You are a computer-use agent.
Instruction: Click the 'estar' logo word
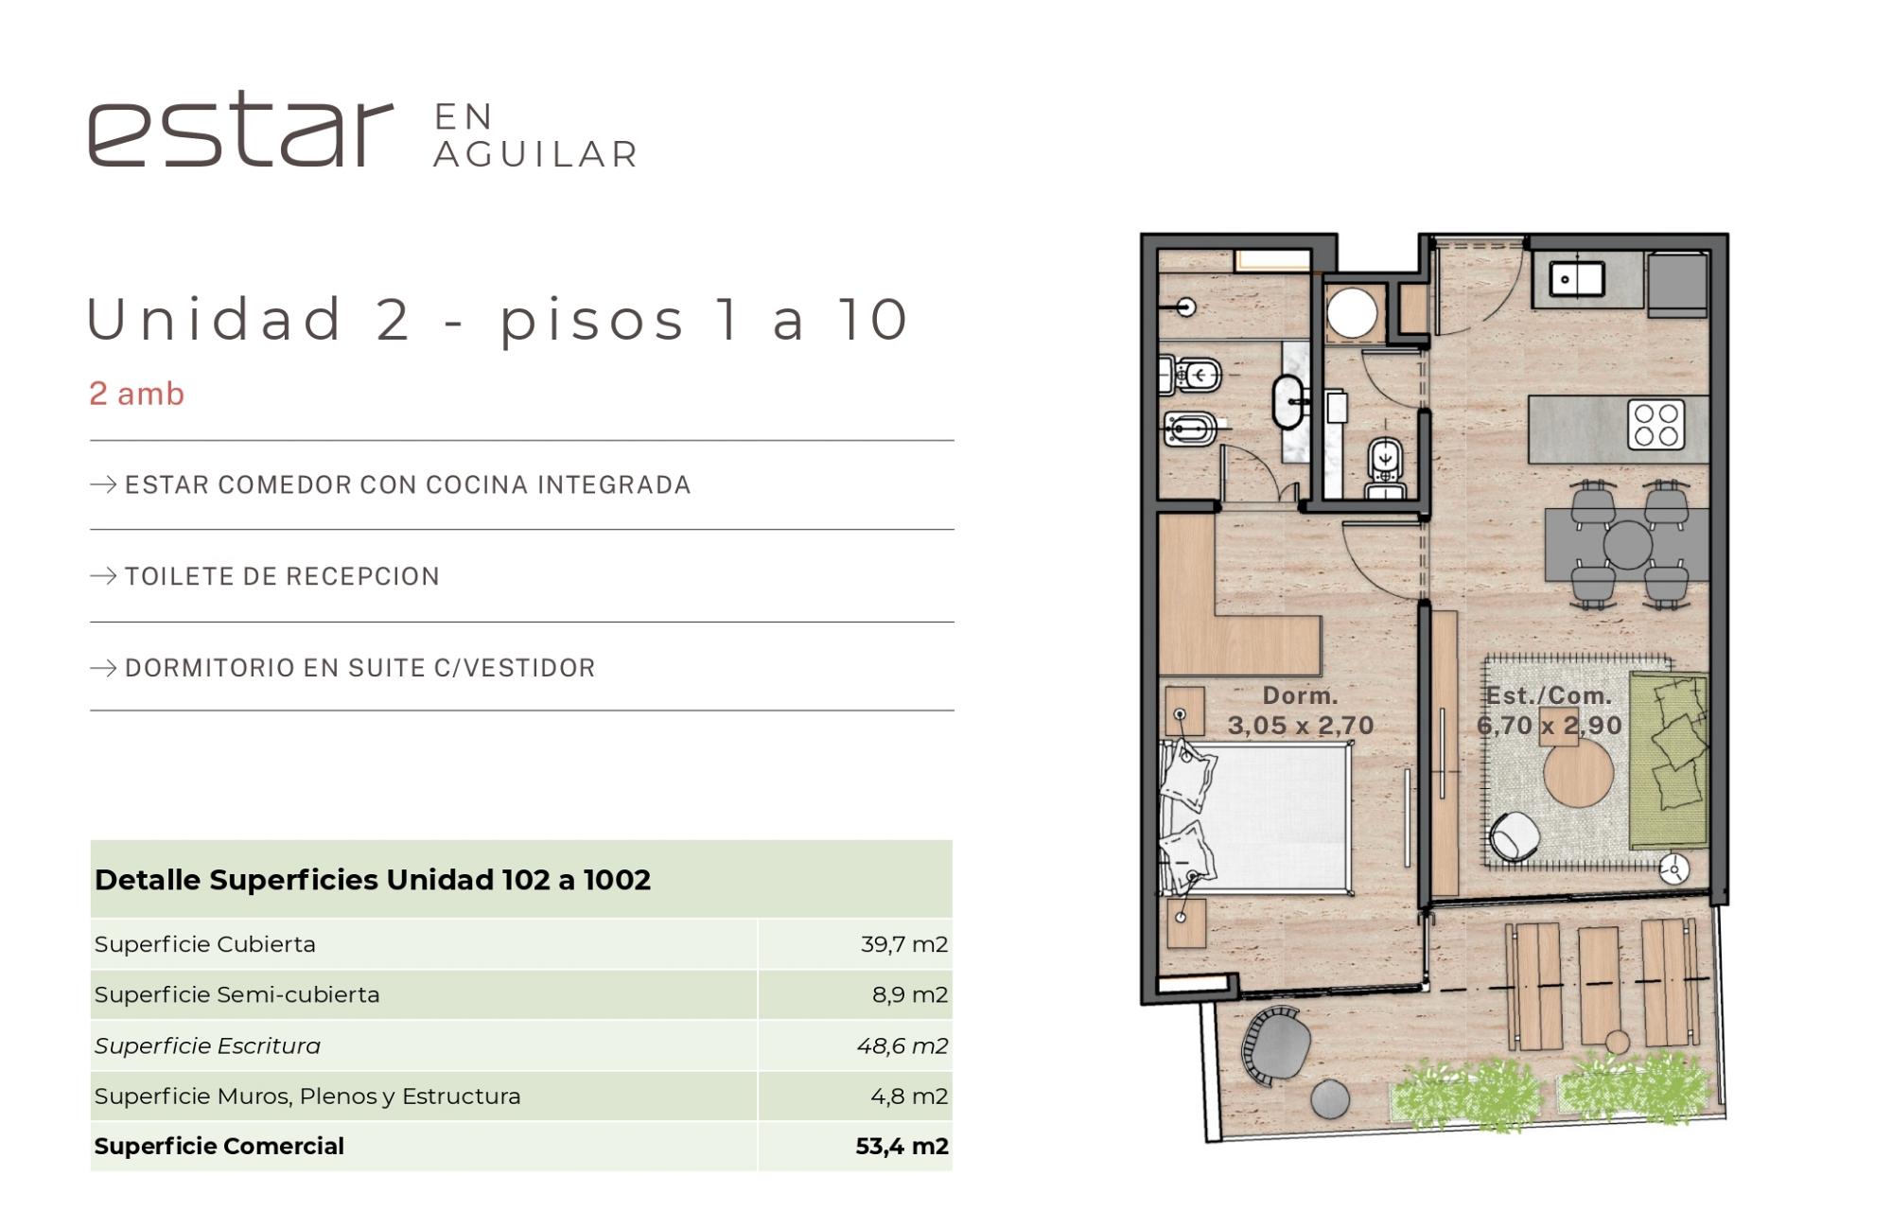240,130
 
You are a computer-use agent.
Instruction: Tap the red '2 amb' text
137,394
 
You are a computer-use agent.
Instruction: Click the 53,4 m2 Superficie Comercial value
902,1147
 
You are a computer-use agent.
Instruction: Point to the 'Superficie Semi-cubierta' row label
236,994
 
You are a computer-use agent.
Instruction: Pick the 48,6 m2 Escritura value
902,1045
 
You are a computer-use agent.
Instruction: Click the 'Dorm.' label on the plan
1301,695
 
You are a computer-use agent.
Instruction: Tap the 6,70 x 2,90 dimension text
1550,726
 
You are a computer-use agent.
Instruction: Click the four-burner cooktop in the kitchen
1655,425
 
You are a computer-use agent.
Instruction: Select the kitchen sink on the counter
1576,278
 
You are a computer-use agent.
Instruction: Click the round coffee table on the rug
1578,773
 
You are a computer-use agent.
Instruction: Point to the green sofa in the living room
1669,760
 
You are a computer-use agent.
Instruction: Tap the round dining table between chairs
1628,545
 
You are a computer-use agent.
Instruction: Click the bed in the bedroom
1255,818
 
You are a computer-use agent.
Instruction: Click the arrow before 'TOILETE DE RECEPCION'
103,576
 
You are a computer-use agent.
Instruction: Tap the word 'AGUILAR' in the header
536,154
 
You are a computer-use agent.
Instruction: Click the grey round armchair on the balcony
1276,1044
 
